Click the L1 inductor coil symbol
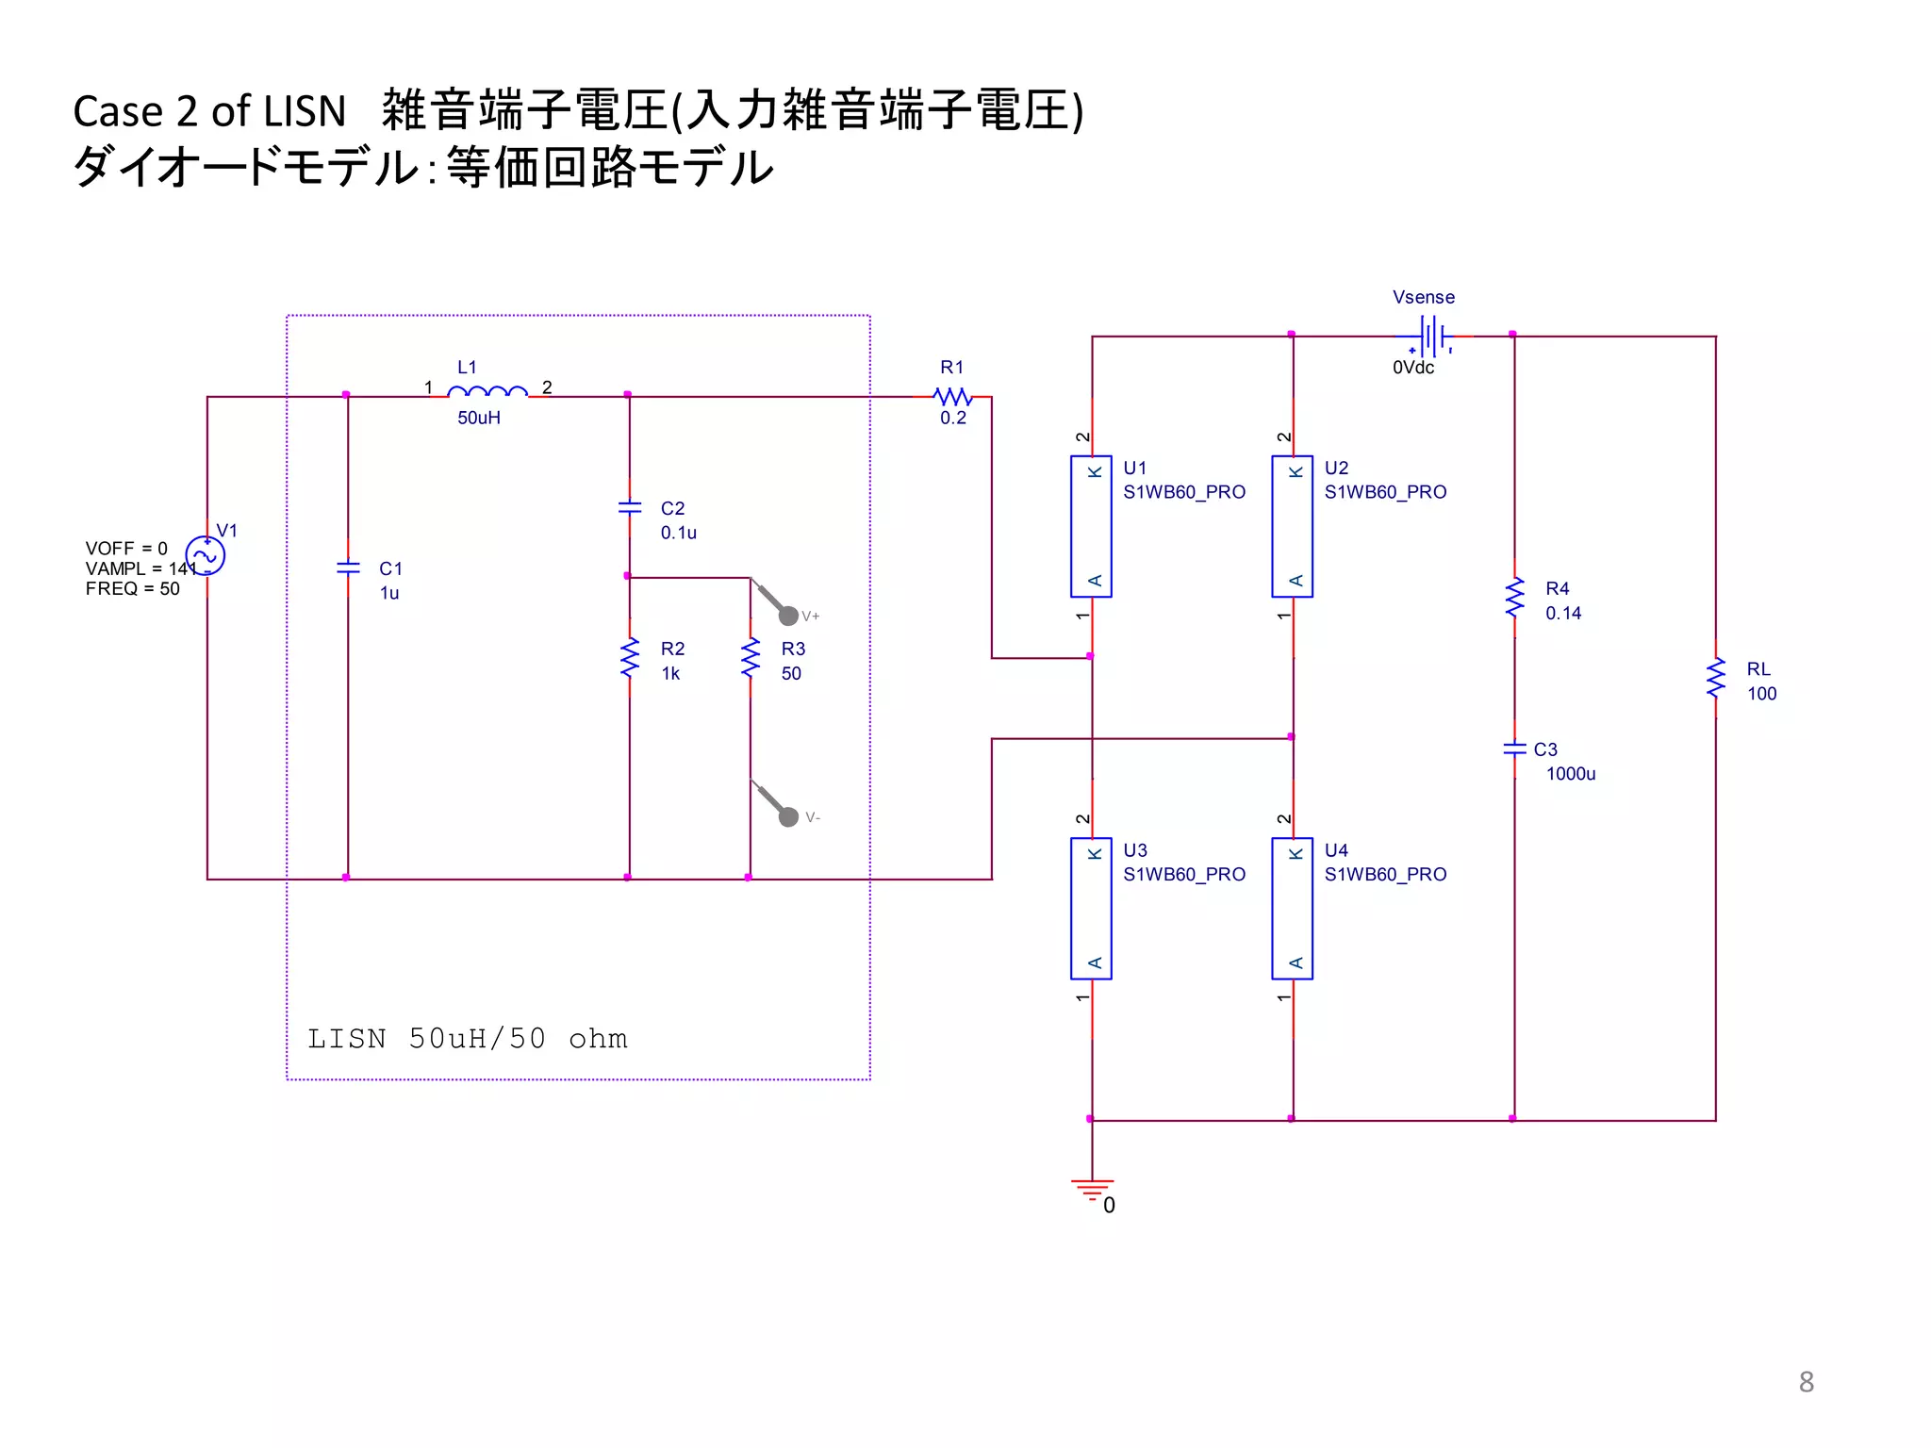487,392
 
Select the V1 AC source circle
206,555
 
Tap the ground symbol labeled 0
1092,1190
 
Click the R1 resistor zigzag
952,396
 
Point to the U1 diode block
1091,526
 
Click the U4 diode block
1292,909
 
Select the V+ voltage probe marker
788,616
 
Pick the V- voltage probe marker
788,816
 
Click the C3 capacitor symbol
1514,749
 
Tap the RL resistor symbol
1715,679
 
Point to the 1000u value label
1571,774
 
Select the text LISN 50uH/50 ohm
468,1039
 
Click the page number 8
1806,1382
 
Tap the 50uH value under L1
479,418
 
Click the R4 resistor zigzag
1514,598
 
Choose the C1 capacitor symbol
348,568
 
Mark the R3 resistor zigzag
751,658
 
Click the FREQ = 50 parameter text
132,589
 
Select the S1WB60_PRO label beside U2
1385,492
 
